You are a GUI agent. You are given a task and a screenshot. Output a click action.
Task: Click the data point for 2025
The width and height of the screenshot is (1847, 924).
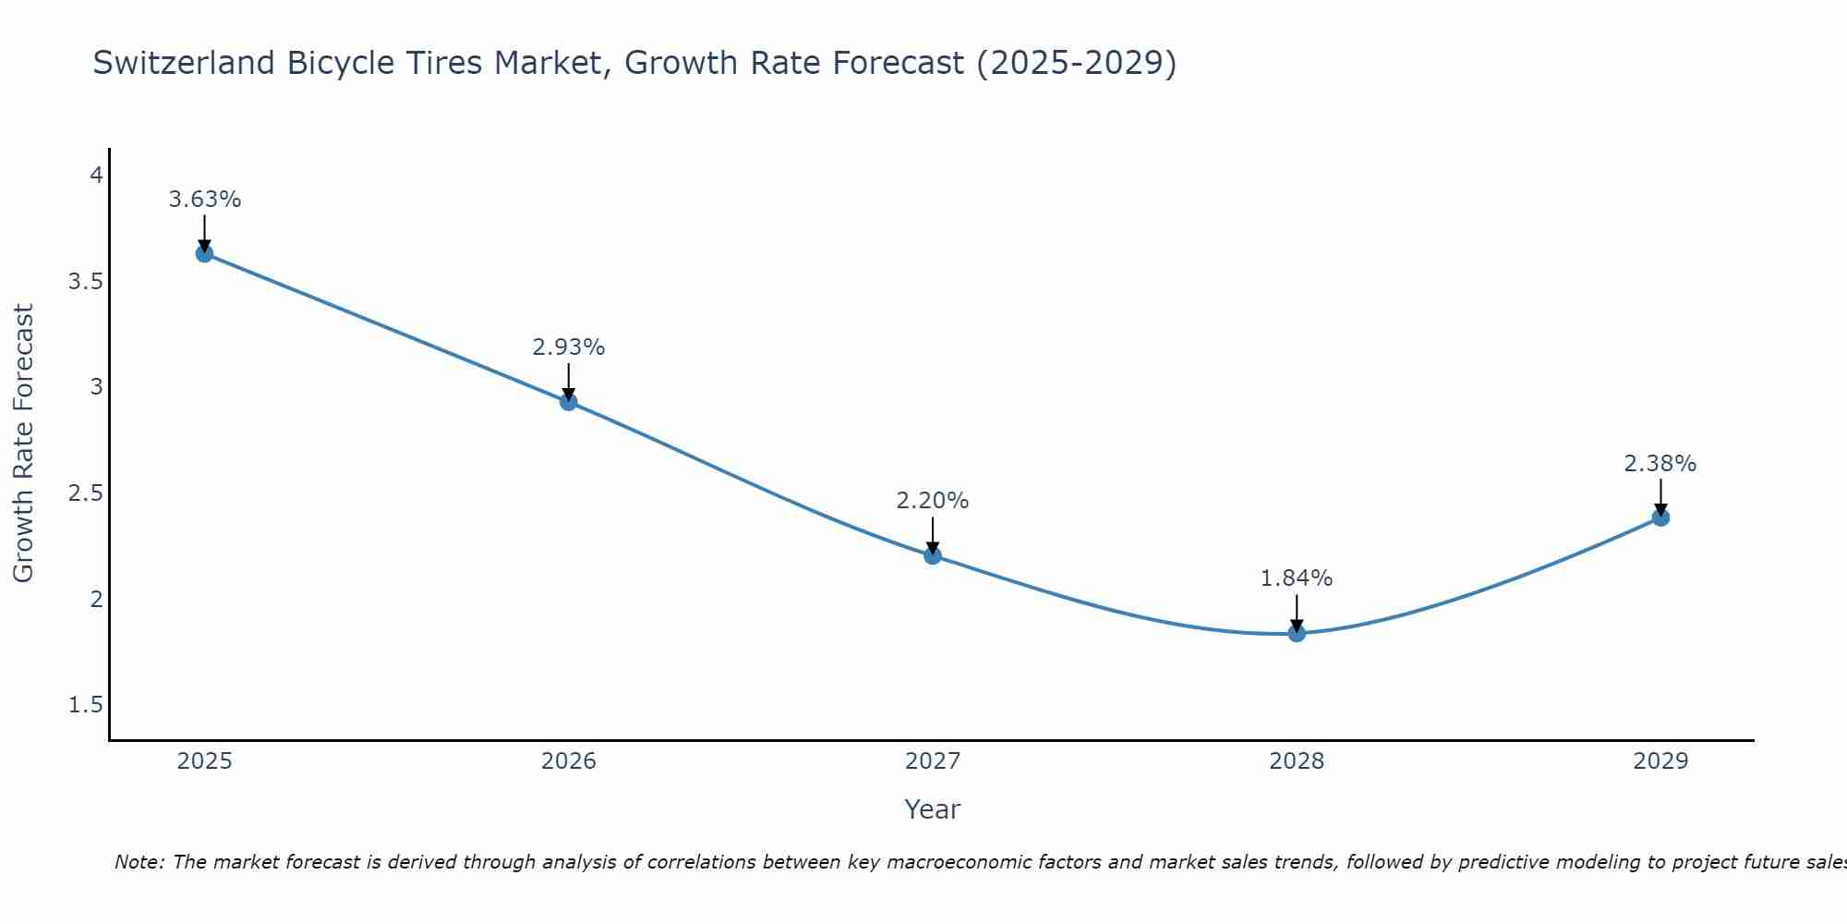coord(204,253)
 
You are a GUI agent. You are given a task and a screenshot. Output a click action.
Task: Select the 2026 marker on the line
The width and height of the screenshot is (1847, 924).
coord(568,401)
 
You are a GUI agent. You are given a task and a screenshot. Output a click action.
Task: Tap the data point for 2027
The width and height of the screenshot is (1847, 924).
coord(932,555)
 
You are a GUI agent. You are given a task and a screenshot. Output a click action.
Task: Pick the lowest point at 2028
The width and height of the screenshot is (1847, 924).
coord(1297,633)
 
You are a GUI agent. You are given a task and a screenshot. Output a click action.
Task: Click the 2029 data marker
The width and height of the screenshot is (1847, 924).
coord(1660,517)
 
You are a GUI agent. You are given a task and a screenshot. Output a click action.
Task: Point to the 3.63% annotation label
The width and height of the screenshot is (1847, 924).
coord(204,200)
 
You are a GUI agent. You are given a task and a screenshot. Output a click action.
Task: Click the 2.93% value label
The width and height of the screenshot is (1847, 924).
coord(568,347)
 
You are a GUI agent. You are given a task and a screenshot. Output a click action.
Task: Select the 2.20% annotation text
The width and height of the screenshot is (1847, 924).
coord(932,501)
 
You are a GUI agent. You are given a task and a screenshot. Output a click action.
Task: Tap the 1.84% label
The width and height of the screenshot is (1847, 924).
coord(1297,578)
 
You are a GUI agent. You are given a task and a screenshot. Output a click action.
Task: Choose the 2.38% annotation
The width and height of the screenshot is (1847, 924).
coord(1660,464)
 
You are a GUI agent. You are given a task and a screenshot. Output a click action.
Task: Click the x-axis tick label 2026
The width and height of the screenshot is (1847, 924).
coord(568,761)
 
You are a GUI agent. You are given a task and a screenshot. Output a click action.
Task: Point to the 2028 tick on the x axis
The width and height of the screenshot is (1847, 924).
coord(1297,761)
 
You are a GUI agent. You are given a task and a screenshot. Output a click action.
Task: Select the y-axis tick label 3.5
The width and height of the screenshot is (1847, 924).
coord(85,281)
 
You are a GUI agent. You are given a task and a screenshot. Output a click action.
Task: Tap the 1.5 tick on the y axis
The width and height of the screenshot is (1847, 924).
coord(85,705)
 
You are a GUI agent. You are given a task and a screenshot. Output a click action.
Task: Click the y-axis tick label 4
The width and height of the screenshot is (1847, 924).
coord(95,175)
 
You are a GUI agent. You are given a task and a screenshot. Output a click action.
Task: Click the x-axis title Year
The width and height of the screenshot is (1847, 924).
coord(932,809)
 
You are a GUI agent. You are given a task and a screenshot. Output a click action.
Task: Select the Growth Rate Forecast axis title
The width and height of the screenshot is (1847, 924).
coord(23,444)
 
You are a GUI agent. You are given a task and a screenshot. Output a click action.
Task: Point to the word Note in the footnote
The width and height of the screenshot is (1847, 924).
coord(139,862)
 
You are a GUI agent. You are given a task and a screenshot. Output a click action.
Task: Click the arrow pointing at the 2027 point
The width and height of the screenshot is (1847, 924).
coord(932,535)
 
